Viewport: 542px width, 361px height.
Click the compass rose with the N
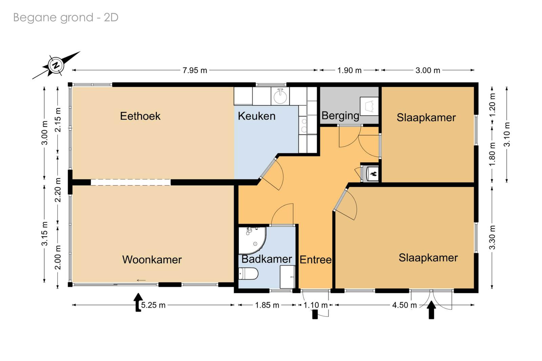[56, 65]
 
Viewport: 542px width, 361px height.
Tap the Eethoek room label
[140, 116]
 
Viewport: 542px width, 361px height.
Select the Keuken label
[256, 116]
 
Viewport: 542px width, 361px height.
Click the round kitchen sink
[280, 96]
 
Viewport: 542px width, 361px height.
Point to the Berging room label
[340, 116]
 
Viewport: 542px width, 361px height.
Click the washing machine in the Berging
[369, 106]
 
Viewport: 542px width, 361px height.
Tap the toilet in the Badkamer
[248, 274]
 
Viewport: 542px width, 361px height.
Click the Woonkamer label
[152, 260]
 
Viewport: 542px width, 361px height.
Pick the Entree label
[315, 260]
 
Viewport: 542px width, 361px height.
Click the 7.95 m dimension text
[195, 70]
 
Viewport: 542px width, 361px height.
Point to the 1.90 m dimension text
[349, 70]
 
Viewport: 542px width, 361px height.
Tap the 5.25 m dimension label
[153, 305]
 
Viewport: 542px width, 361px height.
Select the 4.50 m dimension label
[404, 305]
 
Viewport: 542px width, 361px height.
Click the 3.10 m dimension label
[507, 134]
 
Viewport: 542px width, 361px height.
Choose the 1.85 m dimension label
[267, 305]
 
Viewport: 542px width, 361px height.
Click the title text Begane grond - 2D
[66, 18]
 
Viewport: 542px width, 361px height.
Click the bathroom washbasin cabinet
[288, 277]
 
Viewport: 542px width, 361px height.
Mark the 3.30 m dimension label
[492, 237]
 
